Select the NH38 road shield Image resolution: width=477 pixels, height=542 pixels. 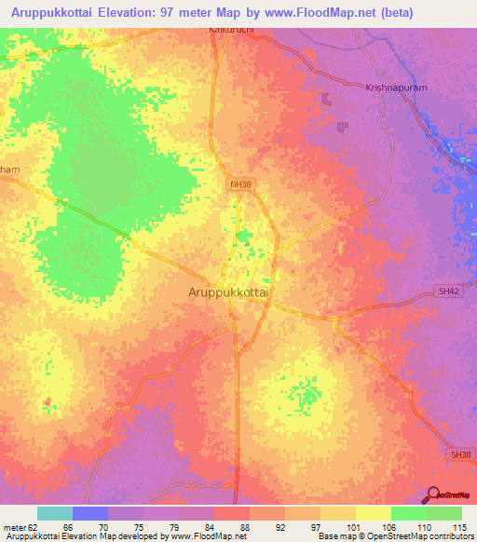pyautogui.click(x=239, y=184)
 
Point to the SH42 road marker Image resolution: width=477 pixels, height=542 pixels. pyautogui.click(x=449, y=291)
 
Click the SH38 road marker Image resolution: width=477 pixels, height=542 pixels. pyautogui.click(x=458, y=454)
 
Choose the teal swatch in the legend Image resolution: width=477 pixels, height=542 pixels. pyautogui.click(x=55, y=513)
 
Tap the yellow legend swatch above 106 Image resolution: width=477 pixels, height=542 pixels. pyautogui.click(x=374, y=513)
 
